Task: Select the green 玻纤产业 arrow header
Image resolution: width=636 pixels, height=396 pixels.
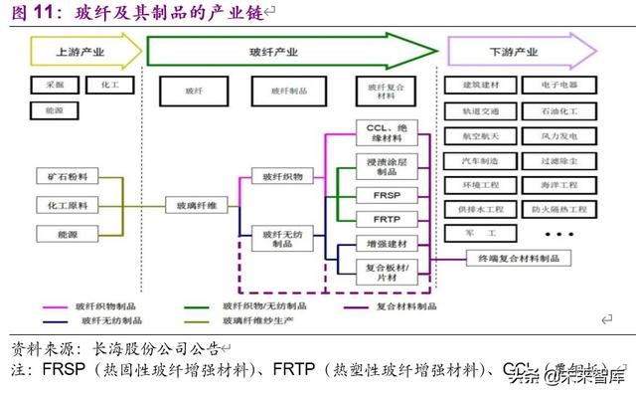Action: [288, 51]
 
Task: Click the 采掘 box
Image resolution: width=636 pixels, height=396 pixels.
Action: [55, 86]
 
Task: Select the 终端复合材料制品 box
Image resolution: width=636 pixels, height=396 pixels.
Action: [518, 258]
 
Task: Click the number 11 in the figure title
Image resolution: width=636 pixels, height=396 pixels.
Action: [43, 12]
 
